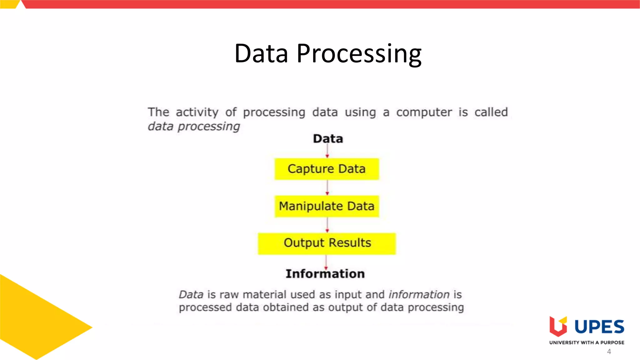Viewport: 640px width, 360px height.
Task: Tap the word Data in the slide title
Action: [x=261, y=54]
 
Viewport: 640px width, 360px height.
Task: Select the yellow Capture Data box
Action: [x=327, y=169]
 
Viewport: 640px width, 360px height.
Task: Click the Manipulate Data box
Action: [x=327, y=206]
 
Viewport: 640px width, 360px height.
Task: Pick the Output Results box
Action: [x=327, y=243]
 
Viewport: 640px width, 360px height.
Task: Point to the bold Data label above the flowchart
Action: [x=328, y=139]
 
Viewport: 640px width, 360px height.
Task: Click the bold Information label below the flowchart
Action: [x=325, y=274]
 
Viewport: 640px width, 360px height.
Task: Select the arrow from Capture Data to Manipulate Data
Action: [x=327, y=187]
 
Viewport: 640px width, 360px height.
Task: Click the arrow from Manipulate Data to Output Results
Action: [x=327, y=225]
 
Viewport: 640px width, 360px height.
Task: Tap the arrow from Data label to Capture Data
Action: [x=327, y=151]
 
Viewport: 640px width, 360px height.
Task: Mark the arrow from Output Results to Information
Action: [x=326, y=262]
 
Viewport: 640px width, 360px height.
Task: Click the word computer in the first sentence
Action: [x=424, y=112]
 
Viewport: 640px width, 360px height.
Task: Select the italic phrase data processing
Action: [x=194, y=127]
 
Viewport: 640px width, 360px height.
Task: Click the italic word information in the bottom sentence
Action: [x=419, y=294]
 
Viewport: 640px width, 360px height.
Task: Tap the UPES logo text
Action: [x=599, y=327]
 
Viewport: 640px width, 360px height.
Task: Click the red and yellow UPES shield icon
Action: [x=558, y=326]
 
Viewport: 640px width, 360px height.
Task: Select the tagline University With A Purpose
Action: [x=587, y=342]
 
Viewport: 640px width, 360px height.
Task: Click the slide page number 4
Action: [x=609, y=352]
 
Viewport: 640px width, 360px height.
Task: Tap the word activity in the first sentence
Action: [x=197, y=112]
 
